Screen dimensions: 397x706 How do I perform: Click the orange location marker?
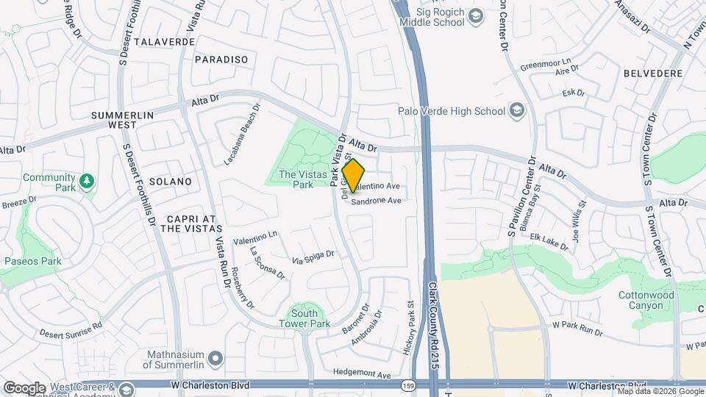pos(353,176)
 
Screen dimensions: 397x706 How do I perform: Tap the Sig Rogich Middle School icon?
pos(475,15)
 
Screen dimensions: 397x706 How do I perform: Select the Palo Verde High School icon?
pos(517,111)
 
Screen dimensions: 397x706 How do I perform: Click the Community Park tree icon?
pos(88,180)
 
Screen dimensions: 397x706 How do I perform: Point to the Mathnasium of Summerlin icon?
pos(215,358)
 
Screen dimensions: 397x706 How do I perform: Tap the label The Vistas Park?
pos(296,179)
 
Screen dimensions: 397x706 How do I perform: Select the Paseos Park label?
pos(32,261)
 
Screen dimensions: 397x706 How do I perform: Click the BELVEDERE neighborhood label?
pos(653,74)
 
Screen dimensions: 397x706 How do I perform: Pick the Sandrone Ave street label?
pos(376,200)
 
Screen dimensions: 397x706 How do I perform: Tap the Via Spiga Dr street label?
pos(313,257)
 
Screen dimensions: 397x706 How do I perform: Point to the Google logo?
pos(24,387)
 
